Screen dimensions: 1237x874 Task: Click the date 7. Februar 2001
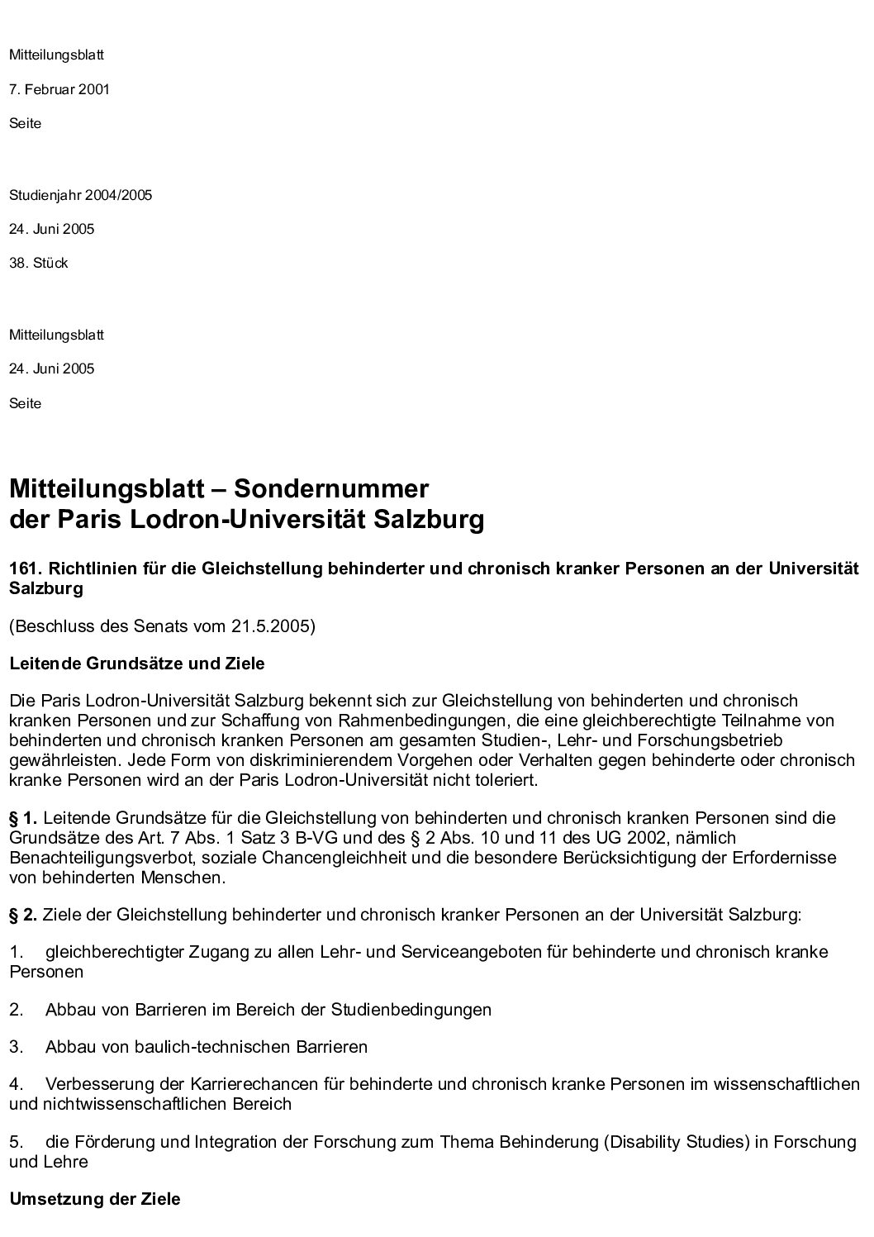point(59,89)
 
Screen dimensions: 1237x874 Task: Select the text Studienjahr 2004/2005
point(80,196)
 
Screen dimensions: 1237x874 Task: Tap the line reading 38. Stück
point(38,264)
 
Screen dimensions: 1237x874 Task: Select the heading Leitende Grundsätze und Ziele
point(136,664)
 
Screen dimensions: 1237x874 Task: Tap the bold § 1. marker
point(23,818)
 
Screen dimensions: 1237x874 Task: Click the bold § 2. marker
point(23,915)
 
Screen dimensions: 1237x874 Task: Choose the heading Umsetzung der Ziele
point(94,1198)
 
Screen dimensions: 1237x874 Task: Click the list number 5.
point(17,1142)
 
